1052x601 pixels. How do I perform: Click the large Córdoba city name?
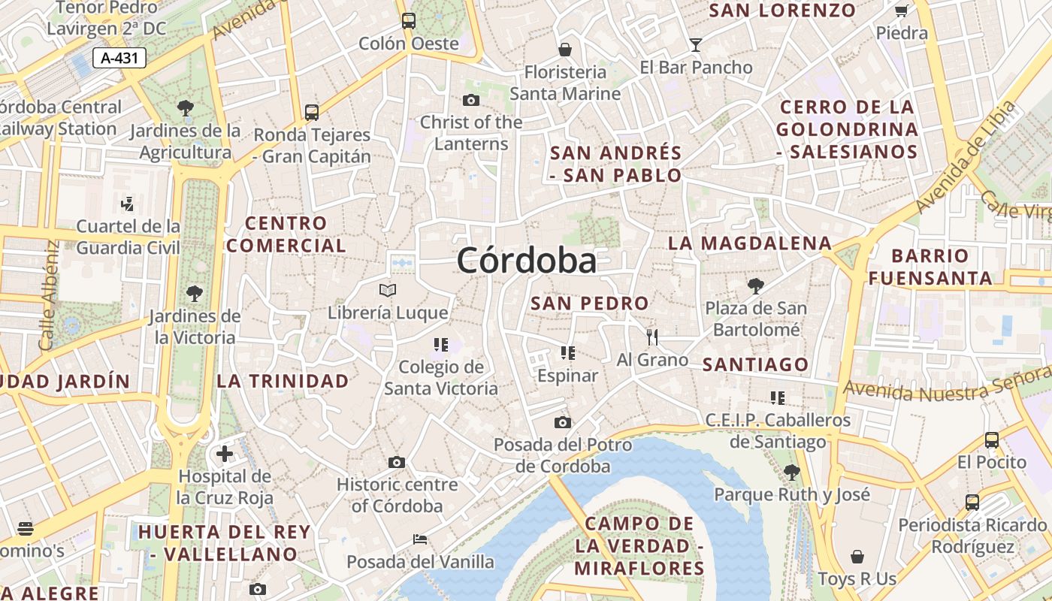(527, 261)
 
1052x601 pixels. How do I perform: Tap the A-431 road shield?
(119, 58)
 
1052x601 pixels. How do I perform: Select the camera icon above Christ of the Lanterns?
(471, 100)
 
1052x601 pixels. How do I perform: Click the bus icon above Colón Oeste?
(408, 21)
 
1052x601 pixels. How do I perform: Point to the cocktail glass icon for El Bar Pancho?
(696, 45)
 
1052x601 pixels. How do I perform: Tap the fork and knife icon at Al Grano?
(652, 337)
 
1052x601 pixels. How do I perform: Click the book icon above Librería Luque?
(388, 290)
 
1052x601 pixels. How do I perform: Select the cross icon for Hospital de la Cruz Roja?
(224, 454)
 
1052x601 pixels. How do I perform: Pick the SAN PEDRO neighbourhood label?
(589, 304)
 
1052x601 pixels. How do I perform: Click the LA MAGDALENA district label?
(750, 243)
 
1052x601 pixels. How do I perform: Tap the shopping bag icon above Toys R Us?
(857, 557)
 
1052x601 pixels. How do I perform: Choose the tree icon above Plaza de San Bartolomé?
(756, 285)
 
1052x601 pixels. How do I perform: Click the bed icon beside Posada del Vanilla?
(420, 539)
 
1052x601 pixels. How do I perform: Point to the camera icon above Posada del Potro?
(562, 422)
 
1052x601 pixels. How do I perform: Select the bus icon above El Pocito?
(992, 439)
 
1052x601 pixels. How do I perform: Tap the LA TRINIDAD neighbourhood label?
(283, 380)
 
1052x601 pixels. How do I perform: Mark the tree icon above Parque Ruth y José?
(791, 472)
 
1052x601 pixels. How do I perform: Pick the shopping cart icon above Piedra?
(901, 11)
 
